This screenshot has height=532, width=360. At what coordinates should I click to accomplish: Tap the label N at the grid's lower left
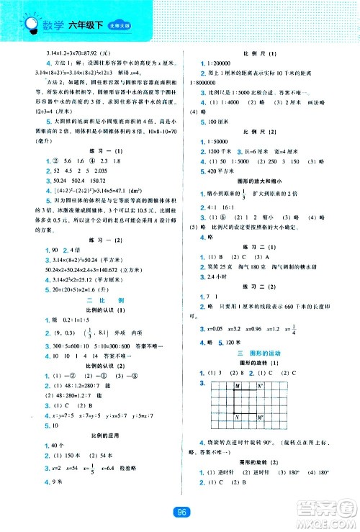click(x=235, y=418)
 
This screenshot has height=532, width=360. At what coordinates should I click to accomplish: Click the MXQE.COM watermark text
click(x=328, y=518)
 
